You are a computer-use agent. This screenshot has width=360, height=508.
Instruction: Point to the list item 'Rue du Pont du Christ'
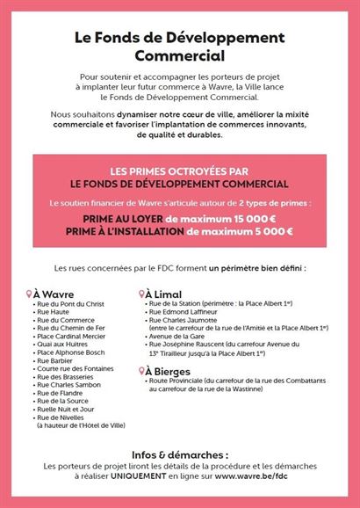[x=70, y=304]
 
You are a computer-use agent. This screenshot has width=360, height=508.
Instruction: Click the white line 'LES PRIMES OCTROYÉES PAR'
[x=179, y=171]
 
